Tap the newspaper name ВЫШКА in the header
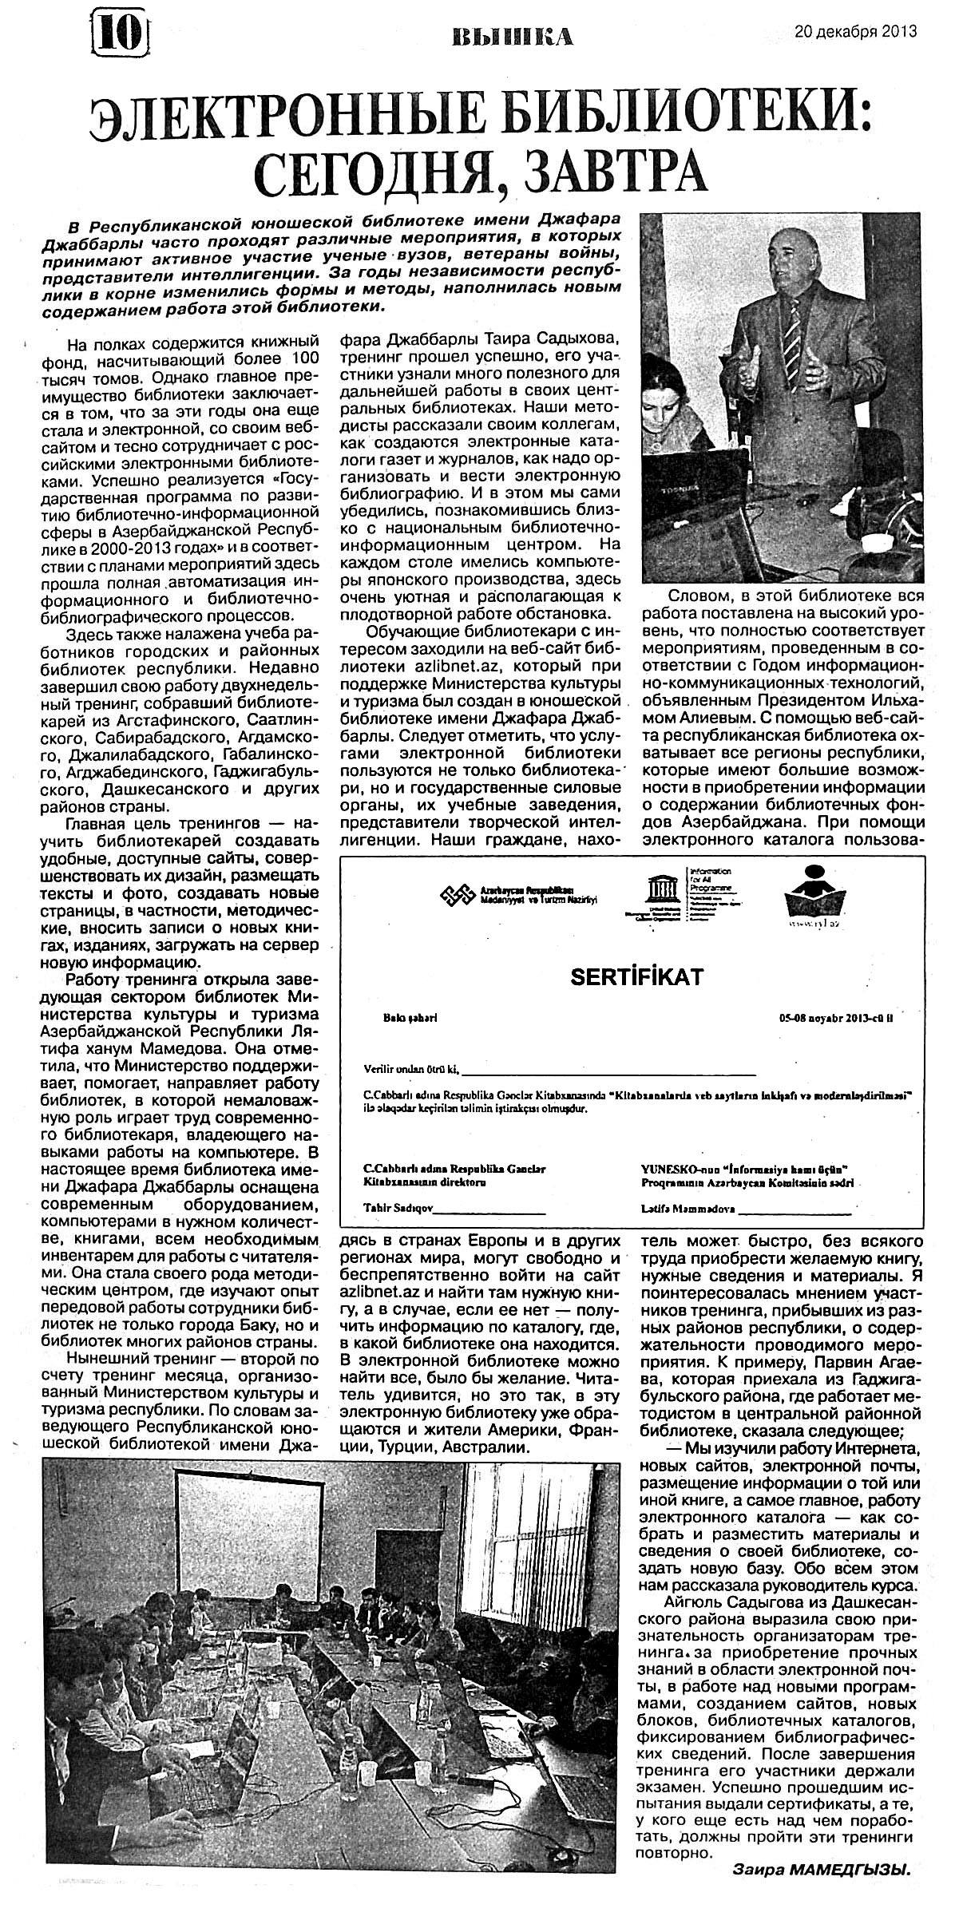[x=511, y=36]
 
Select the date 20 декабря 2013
[x=855, y=32]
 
